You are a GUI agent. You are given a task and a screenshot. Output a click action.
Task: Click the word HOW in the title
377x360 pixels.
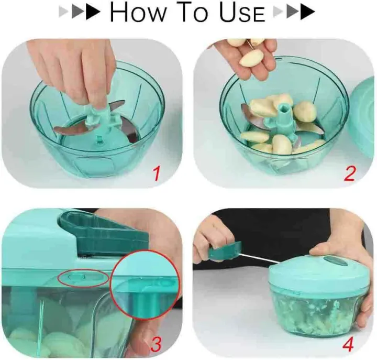click(138, 12)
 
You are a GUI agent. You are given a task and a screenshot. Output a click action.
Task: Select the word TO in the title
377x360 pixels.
click(193, 12)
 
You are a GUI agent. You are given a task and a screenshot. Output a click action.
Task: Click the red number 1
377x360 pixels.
click(157, 173)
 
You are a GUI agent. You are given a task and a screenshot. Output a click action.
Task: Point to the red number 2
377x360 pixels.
click(349, 173)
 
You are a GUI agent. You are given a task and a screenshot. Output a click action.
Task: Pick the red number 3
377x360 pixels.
click(156, 344)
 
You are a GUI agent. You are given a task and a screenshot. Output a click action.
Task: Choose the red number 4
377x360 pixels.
click(348, 345)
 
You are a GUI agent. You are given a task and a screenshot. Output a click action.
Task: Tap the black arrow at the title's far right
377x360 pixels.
click(307, 12)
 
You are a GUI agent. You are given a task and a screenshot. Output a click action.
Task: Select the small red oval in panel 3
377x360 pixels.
click(83, 278)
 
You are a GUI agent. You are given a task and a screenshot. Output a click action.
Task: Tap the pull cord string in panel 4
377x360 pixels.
click(259, 258)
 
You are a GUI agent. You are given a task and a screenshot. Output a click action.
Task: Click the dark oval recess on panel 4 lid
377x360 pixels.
click(336, 261)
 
